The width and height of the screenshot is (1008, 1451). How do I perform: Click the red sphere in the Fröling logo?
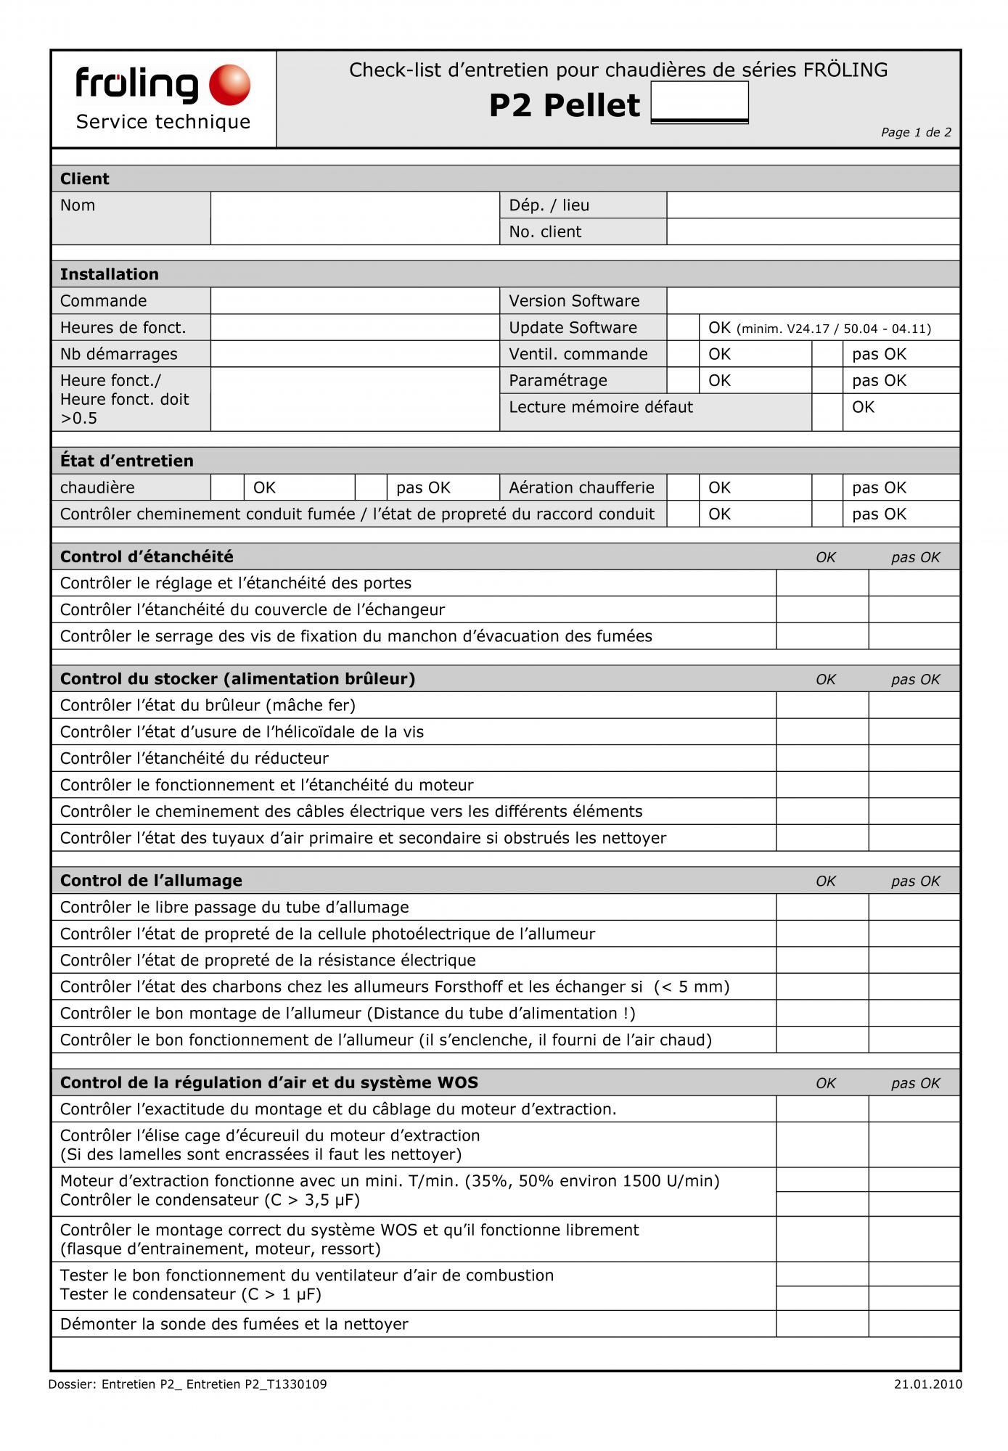tap(229, 85)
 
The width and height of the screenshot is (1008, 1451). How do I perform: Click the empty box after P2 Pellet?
tap(700, 102)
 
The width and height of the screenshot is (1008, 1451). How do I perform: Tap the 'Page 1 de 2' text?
tap(916, 132)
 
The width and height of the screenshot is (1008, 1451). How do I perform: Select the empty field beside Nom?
tap(355, 218)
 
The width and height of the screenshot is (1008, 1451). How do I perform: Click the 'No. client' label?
tap(545, 231)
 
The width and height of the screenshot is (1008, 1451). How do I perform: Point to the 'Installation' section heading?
tap(110, 274)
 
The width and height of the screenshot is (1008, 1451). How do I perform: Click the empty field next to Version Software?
tap(813, 300)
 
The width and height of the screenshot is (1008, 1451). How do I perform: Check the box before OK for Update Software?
tap(683, 327)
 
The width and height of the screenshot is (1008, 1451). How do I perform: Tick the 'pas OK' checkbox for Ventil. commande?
tap(827, 354)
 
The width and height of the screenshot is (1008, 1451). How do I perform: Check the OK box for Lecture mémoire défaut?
tap(827, 407)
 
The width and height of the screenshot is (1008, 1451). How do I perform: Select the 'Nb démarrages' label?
tap(119, 354)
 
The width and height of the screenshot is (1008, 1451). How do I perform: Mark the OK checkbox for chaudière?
tap(227, 488)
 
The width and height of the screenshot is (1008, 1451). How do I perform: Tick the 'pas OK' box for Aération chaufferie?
tap(827, 488)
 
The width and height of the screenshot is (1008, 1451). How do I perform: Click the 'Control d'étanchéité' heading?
tap(147, 556)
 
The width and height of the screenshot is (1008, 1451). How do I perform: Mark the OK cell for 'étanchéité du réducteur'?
tap(822, 758)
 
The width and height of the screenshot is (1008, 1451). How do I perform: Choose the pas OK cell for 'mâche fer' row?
tap(914, 705)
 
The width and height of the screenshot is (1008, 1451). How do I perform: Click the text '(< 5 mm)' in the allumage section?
tap(691, 987)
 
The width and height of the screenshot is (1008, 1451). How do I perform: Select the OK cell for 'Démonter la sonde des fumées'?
tap(822, 1324)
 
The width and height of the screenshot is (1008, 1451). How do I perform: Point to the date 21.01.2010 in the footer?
tap(927, 1384)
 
